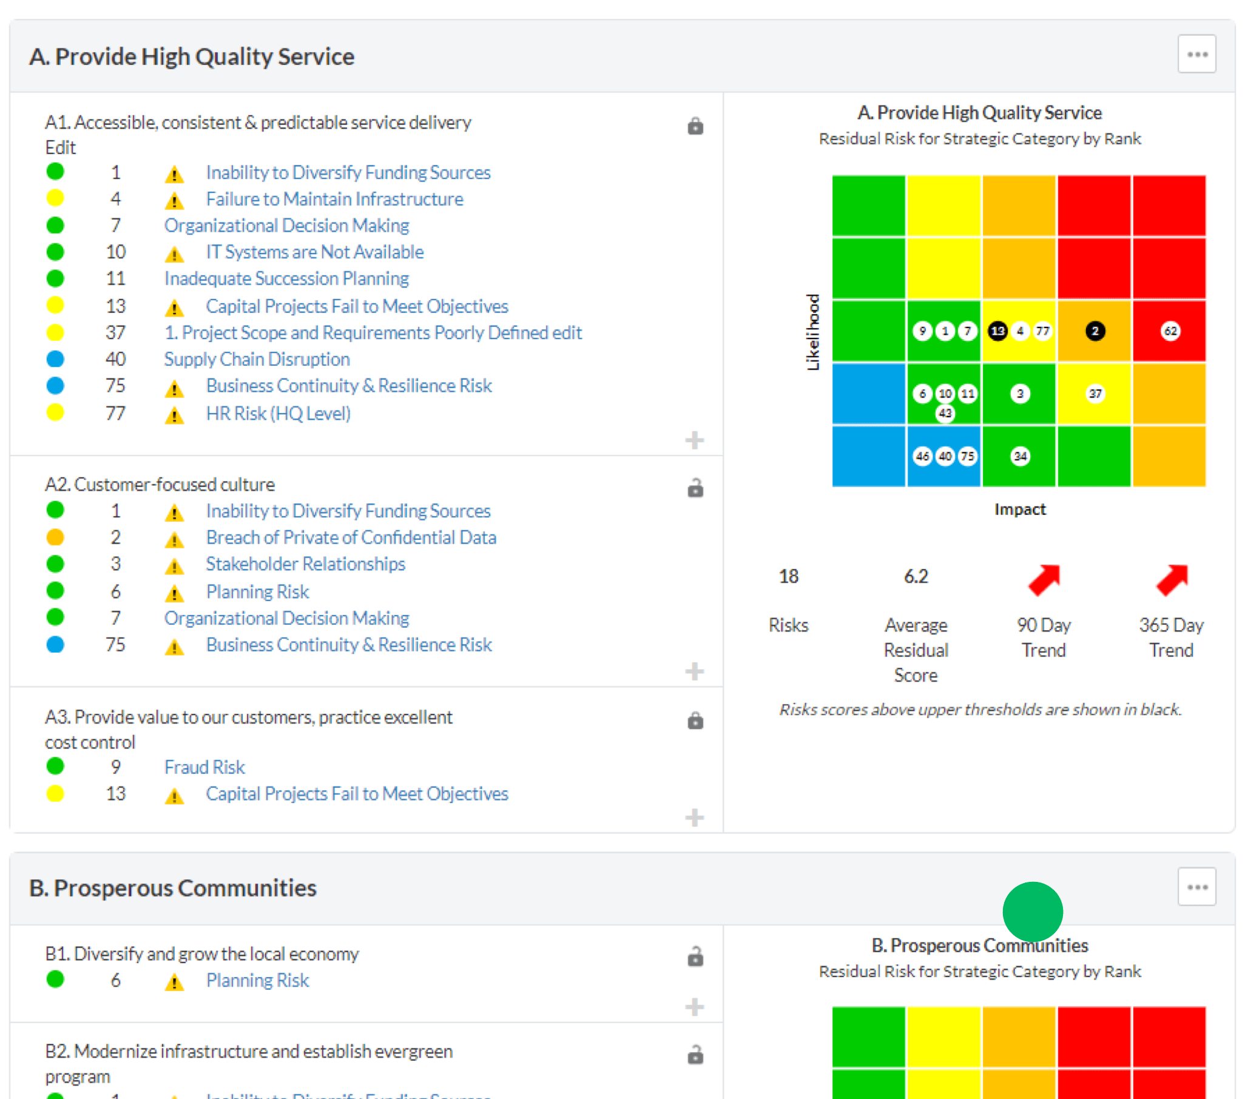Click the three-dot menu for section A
[1196, 55]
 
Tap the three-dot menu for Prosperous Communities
[1196, 887]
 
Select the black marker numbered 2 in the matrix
[1095, 331]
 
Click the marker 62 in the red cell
[1170, 331]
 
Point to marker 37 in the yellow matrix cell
[1095, 394]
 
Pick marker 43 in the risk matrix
[945, 414]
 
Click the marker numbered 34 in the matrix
[1020, 456]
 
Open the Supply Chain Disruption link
[257, 359]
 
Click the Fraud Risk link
[204, 767]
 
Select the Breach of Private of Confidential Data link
[351, 537]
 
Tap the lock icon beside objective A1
[695, 126]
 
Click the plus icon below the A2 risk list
[694, 671]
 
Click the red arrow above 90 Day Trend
[1044, 580]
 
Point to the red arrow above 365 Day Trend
[1172, 580]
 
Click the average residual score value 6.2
[916, 576]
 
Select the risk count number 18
[788, 576]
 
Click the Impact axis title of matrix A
[1020, 509]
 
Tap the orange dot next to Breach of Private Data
[55, 537]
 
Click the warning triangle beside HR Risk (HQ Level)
[174, 416]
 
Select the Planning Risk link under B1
[257, 980]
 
